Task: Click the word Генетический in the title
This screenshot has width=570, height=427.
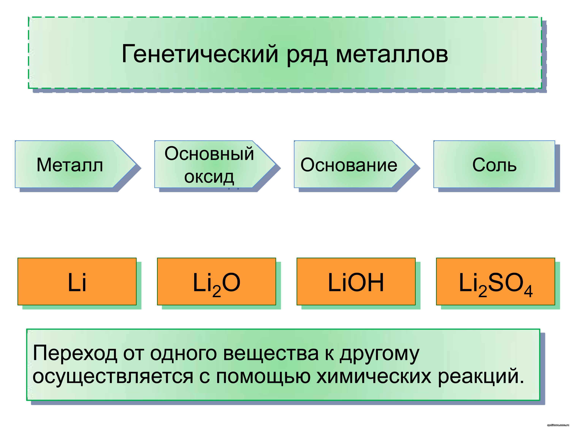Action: tap(200, 54)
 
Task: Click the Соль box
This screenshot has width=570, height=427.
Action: tap(494, 165)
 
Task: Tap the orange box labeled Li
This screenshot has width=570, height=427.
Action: tap(77, 282)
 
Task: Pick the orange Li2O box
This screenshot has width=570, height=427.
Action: tap(216, 282)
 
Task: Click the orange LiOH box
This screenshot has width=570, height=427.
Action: tap(356, 282)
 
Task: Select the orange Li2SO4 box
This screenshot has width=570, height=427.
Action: tap(495, 282)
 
